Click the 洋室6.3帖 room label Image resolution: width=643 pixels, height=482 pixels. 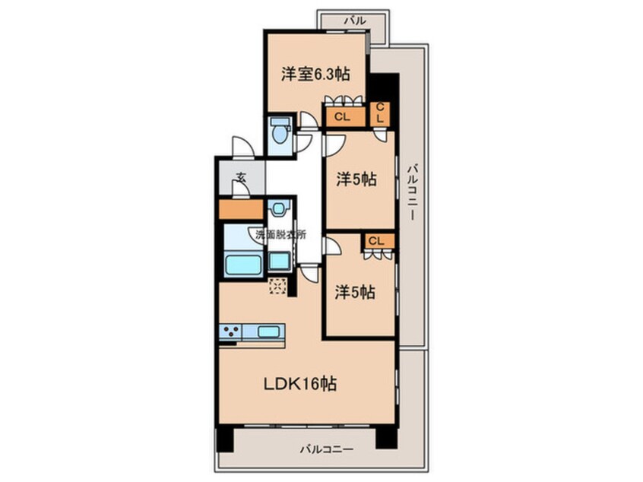pos(315,75)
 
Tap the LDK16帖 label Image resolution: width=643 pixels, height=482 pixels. pos(299,384)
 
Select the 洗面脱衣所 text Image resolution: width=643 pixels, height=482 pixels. pos(281,235)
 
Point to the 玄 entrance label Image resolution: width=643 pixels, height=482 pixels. pos(241,178)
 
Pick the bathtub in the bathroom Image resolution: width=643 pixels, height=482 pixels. pos(243,265)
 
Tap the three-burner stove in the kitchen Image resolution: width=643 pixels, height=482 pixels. pos(231,331)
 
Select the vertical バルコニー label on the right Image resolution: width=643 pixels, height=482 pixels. pos(413,192)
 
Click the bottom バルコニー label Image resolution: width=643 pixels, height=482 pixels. pos(326,449)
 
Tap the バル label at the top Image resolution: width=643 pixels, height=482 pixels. pos(355,21)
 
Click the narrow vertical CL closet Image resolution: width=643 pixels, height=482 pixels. pos(380,113)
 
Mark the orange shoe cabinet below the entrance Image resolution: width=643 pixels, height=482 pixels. pos(241,209)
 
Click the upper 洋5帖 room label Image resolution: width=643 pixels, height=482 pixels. pos(356,179)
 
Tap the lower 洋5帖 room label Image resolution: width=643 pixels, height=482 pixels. pos(355,293)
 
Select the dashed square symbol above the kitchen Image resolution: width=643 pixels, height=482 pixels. pos(277,287)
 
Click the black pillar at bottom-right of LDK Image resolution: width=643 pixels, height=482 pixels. pos(386,438)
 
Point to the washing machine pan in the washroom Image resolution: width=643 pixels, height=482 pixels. pos(279,261)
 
